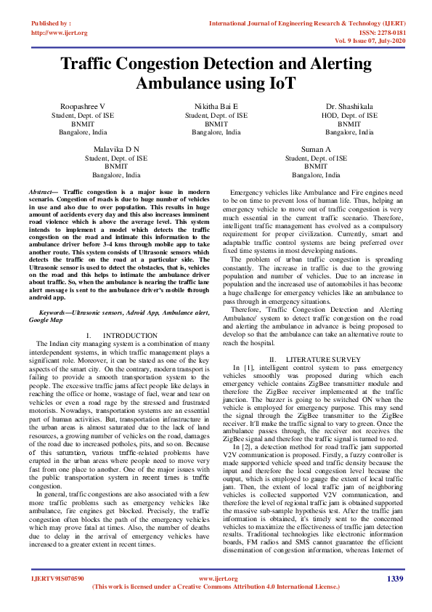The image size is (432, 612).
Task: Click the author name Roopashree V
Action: [82, 106]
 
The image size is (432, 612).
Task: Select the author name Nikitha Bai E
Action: [216, 106]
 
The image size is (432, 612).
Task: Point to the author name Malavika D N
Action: [116, 149]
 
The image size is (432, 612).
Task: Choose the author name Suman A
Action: [316, 149]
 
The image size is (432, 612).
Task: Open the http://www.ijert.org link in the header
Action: [60, 33]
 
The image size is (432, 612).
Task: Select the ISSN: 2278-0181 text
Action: [380, 33]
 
